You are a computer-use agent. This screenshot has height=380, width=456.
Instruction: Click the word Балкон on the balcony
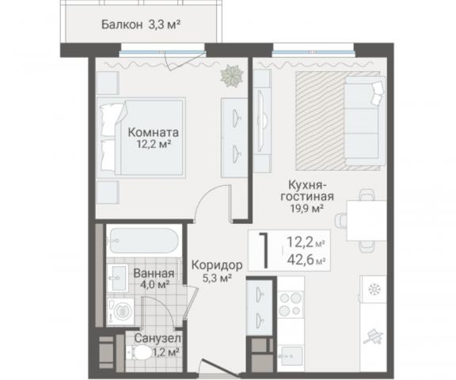tap(123, 25)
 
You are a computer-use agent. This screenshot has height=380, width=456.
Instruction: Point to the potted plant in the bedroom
tap(233, 76)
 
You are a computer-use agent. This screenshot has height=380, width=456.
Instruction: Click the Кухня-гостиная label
tap(304, 190)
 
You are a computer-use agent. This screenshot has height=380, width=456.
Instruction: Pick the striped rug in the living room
tap(321, 119)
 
